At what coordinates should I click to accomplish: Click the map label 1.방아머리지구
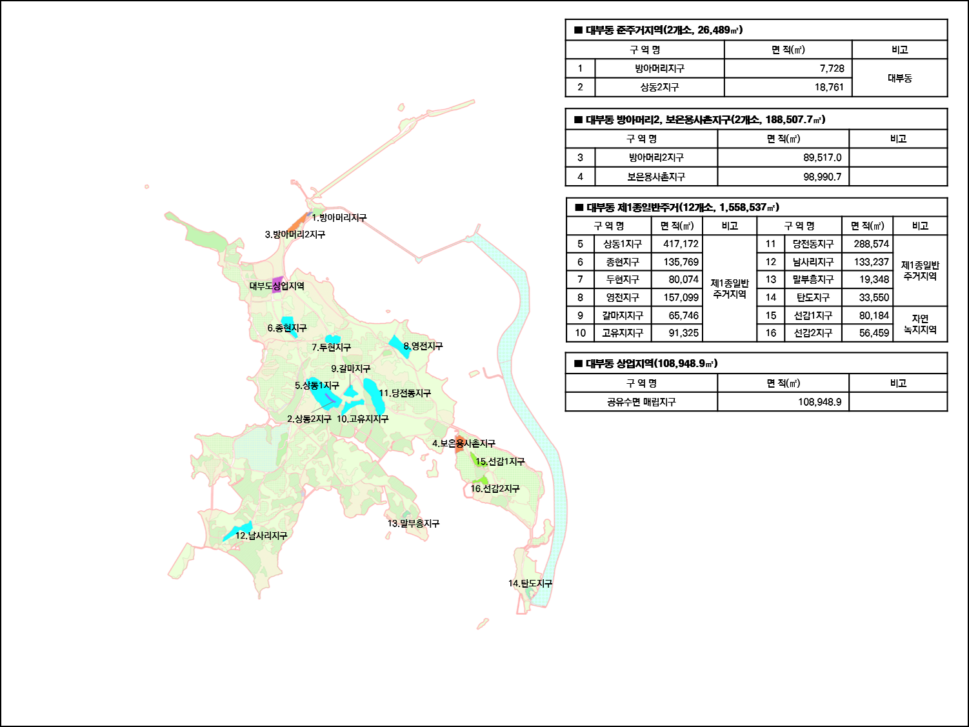pos(339,218)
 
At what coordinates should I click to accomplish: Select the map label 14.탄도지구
pos(530,584)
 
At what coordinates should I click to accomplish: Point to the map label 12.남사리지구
pos(261,536)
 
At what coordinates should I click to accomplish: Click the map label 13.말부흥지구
pos(413,524)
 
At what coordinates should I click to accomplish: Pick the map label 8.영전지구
pos(423,346)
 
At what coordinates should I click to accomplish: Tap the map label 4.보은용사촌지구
pos(463,444)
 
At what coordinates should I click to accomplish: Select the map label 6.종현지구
pos(287,328)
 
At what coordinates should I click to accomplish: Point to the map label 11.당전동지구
pos(405,393)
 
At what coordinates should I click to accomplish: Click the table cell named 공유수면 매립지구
pos(641,402)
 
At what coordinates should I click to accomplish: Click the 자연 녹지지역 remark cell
pos(920,324)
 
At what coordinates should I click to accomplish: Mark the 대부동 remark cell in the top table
pos(899,78)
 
